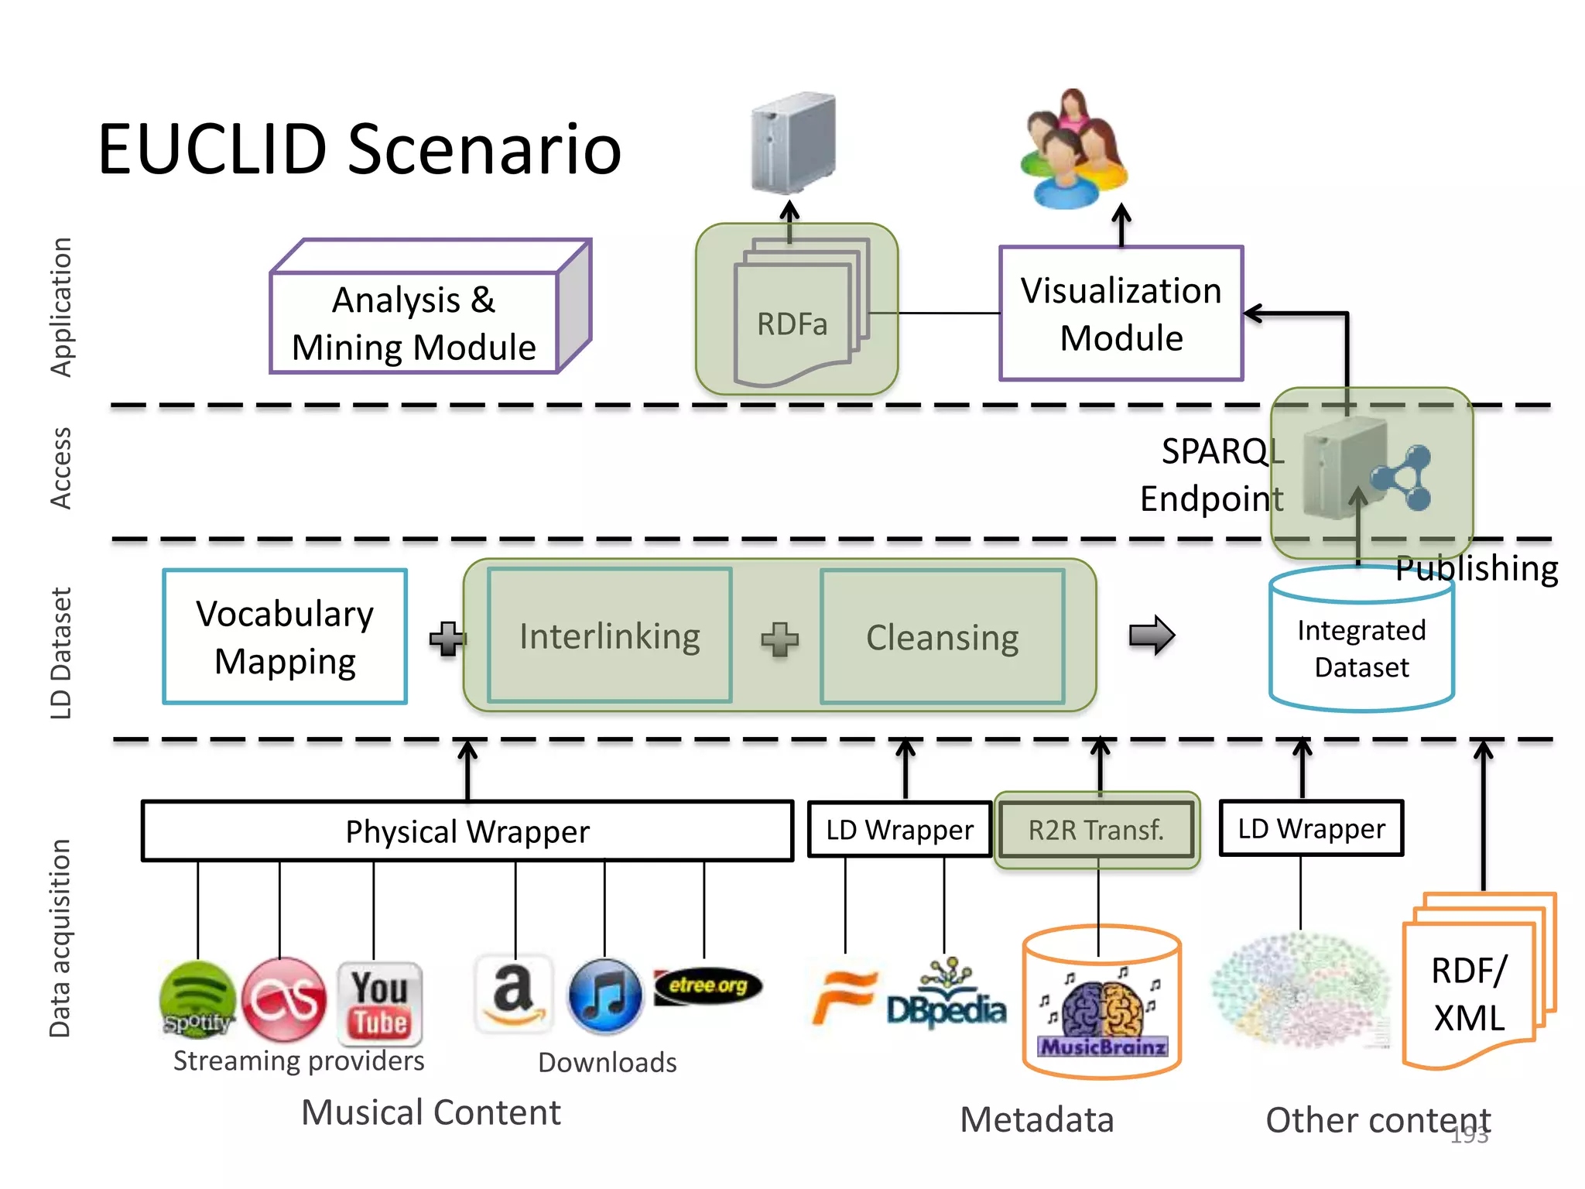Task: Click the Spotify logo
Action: click(x=197, y=999)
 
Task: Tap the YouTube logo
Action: click(x=379, y=1003)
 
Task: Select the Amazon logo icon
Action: click(x=514, y=995)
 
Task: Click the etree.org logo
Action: click(x=707, y=986)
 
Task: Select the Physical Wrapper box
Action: click(x=467, y=831)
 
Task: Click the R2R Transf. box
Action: click(x=1096, y=830)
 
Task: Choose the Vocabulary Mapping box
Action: click(x=285, y=637)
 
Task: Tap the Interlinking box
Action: click(x=610, y=636)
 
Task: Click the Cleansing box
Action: click(x=942, y=637)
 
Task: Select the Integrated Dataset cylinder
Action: click(x=1361, y=642)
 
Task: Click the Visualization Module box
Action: click(x=1121, y=314)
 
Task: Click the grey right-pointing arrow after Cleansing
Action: click(x=1152, y=636)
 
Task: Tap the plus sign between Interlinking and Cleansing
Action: click(x=779, y=639)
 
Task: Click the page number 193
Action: click(x=1469, y=1135)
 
